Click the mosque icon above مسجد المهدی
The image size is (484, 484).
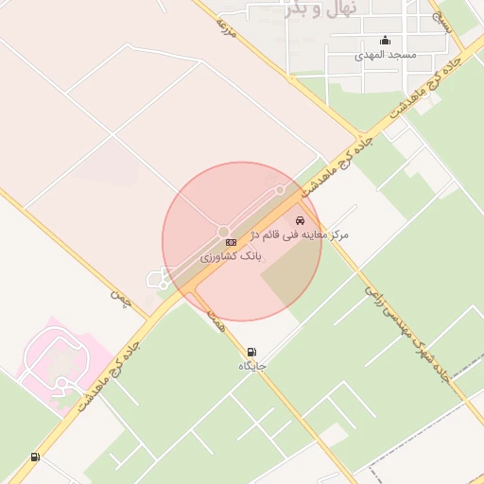click(x=385, y=41)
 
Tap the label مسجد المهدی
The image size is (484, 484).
click(x=385, y=56)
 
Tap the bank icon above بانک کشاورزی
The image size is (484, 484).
click(x=231, y=244)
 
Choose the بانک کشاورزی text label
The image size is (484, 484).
click(x=231, y=257)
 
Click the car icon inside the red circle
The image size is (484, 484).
click(x=301, y=219)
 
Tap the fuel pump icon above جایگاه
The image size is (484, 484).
click(x=251, y=352)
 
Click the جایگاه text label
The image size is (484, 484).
click(x=252, y=365)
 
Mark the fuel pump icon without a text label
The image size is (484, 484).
click(x=35, y=458)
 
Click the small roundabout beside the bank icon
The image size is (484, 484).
click(x=224, y=232)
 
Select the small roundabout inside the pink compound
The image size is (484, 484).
click(x=61, y=383)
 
